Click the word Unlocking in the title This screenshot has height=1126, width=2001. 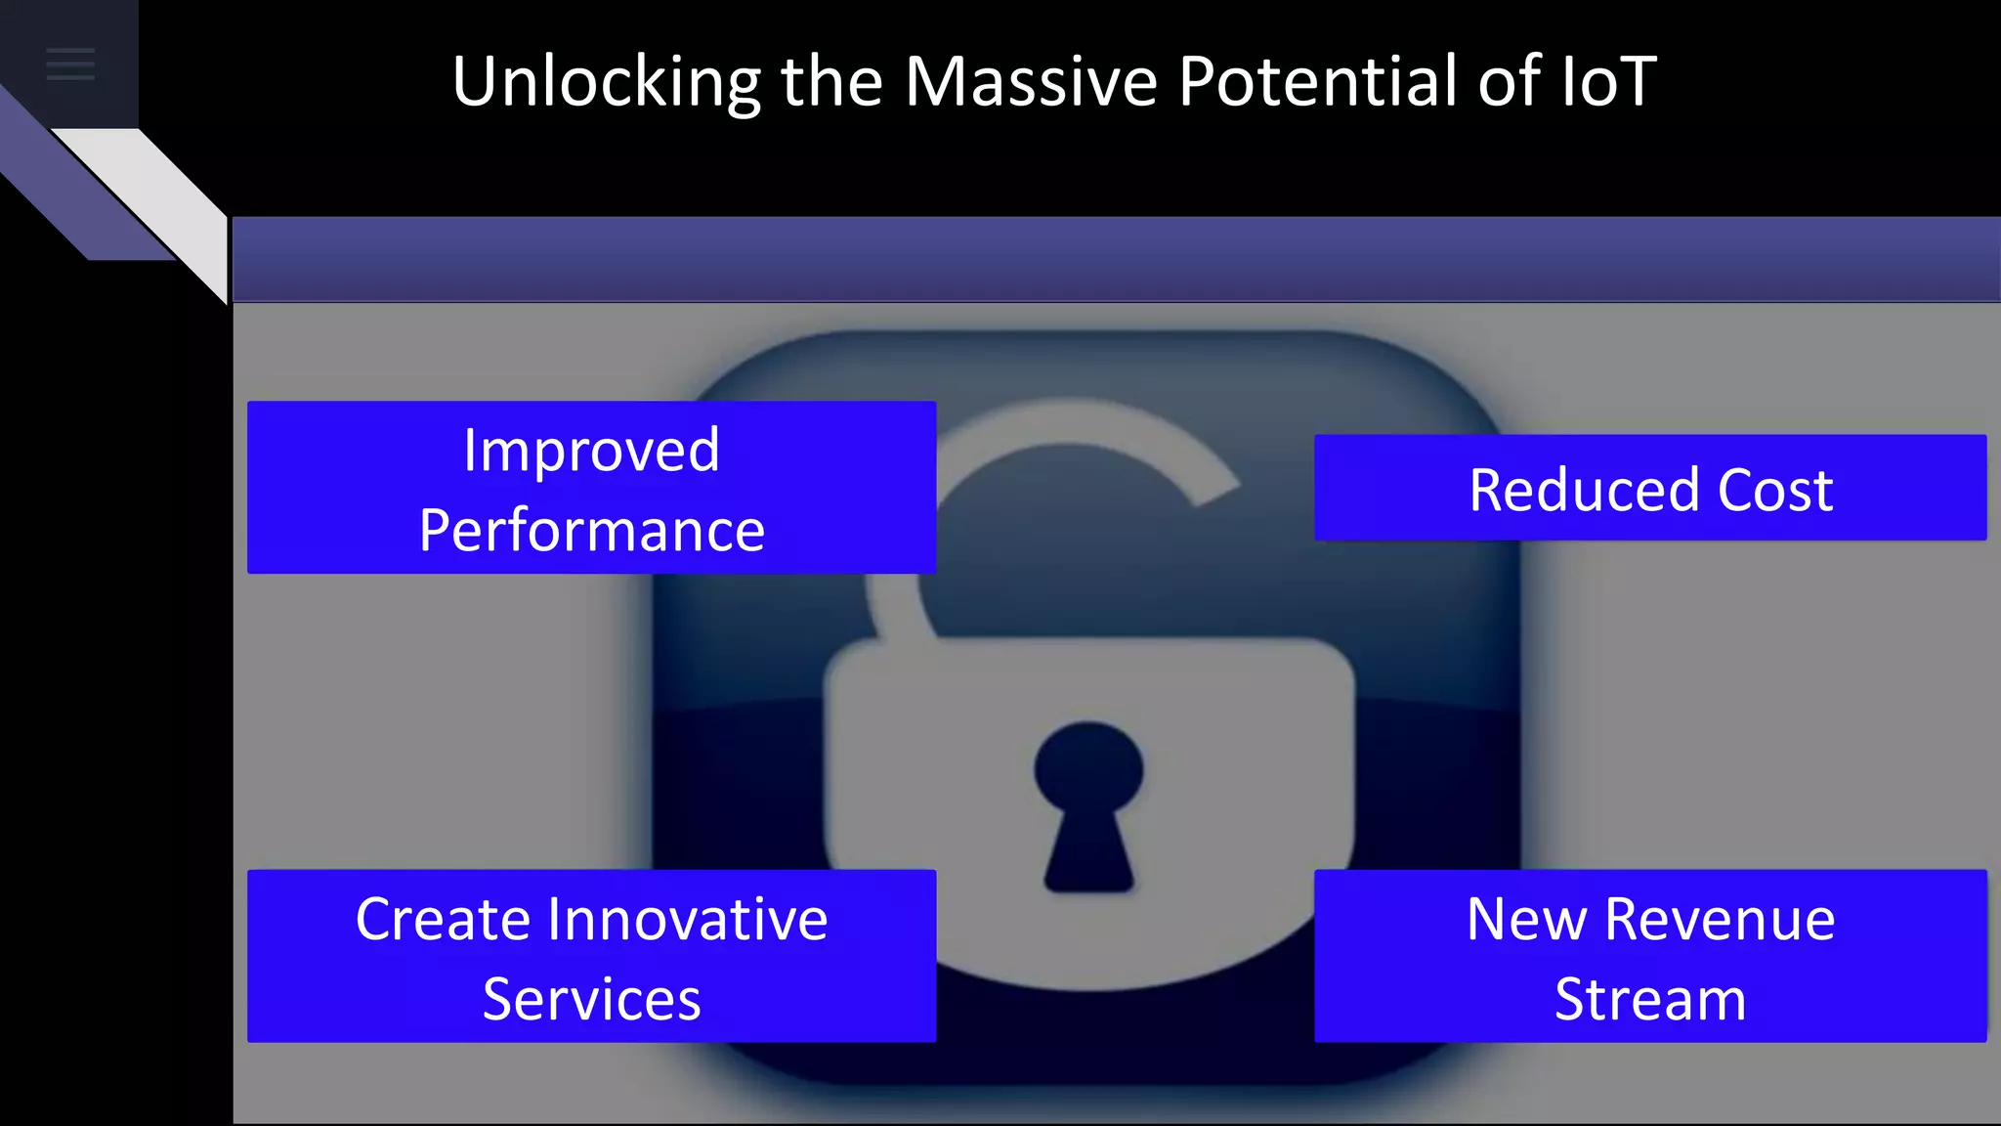[x=606, y=82]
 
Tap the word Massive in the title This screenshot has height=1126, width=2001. [x=1031, y=82]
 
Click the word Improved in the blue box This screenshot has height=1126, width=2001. [x=591, y=451]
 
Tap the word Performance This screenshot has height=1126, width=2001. [x=591, y=531]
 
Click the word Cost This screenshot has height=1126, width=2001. [x=1775, y=490]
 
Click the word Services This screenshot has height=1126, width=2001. [x=591, y=1000]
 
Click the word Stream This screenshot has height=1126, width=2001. [x=1650, y=1000]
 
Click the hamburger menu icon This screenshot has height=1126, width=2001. [x=70, y=65]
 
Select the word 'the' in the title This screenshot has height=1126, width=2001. [x=831, y=82]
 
